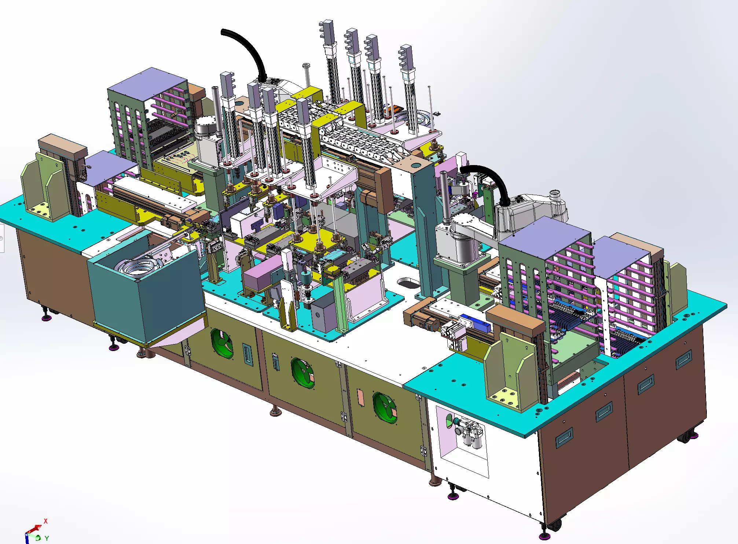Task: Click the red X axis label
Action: point(45,521)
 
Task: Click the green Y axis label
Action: point(47,538)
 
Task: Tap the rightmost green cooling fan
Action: point(385,408)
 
